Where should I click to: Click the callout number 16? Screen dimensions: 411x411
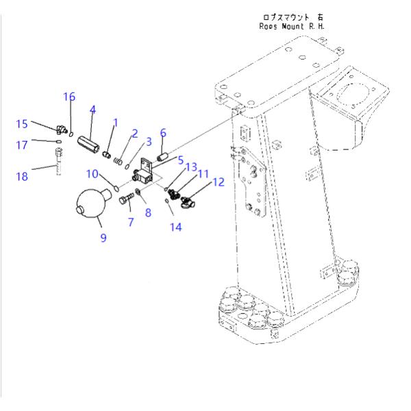(70, 97)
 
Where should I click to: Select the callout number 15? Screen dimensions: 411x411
(22, 123)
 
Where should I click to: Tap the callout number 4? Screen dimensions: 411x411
(92, 109)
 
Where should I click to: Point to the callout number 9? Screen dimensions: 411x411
(103, 238)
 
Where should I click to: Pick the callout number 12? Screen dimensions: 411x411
(219, 182)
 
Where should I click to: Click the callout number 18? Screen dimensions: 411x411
(22, 176)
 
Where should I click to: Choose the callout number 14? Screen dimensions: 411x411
(176, 225)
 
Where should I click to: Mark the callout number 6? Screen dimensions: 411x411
(163, 132)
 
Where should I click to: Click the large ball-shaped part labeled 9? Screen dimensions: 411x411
(89, 203)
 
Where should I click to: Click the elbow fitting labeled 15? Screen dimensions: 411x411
(62, 128)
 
